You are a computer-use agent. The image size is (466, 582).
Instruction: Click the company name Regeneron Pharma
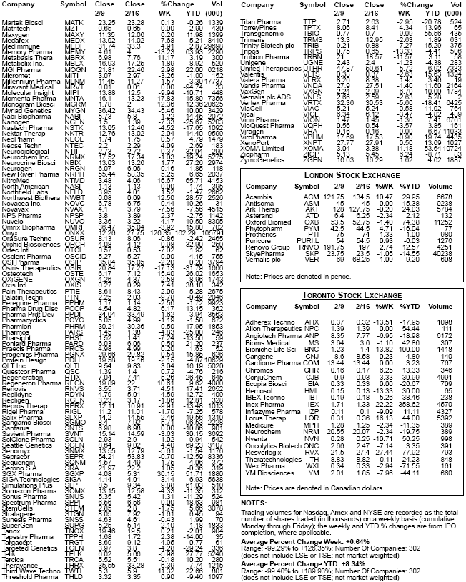click(29, 383)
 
